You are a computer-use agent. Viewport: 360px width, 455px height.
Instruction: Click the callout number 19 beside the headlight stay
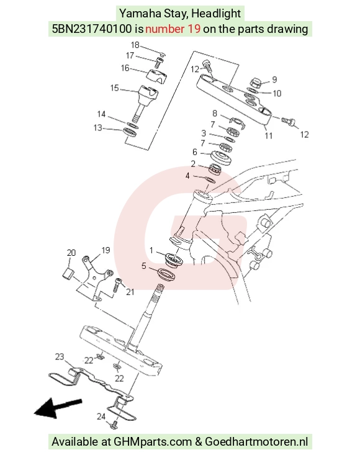[x=106, y=250]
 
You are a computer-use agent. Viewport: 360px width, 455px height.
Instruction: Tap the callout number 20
[x=71, y=253]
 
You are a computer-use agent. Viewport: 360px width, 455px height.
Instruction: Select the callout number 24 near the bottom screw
[x=101, y=417]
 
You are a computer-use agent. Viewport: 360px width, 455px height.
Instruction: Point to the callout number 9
[x=274, y=79]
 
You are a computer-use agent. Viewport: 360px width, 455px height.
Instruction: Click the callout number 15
[x=115, y=88]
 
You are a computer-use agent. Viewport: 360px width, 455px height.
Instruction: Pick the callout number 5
[x=144, y=266]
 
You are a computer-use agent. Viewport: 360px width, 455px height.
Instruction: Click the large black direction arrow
[x=58, y=408]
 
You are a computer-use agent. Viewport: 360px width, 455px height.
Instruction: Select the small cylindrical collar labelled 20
[x=69, y=274]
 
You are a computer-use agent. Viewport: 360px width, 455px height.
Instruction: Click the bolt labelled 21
[x=117, y=284]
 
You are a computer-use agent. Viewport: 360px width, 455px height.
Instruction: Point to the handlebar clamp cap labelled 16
[x=157, y=76]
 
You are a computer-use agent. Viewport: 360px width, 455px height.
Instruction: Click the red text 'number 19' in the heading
[x=173, y=29]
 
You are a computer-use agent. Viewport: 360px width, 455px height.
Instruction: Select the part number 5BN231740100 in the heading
[x=92, y=29]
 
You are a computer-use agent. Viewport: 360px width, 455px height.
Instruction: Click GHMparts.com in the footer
[x=152, y=441]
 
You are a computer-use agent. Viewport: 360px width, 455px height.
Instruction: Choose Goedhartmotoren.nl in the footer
[x=256, y=441]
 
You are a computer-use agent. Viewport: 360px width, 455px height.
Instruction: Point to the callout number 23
[x=60, y=357]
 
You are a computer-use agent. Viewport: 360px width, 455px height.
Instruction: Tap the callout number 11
[x=268, y=135]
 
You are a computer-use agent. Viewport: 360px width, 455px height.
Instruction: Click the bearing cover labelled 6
[x=221, y=158]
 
